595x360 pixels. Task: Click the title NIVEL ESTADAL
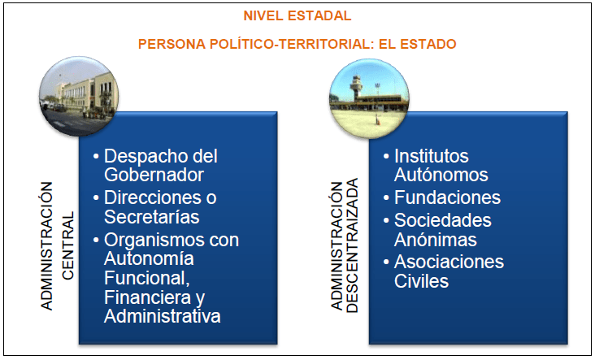[297, 15]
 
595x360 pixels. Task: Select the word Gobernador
[154, 175]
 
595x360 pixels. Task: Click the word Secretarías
[152, 216]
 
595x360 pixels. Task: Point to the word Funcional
[145, 279]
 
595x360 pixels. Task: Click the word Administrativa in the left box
[163, 316]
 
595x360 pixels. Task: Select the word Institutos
[432, 156]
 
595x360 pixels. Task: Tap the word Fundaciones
[447, 197]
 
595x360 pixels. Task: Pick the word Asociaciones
[449, 262]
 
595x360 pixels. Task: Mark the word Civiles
[421, 281]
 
